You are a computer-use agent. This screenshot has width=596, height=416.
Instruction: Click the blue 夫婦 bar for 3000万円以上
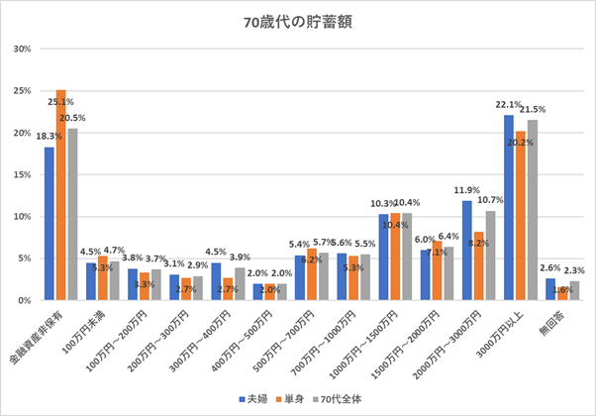tap(509, 208)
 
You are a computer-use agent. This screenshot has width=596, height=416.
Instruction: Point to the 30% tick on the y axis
tap(22, 49)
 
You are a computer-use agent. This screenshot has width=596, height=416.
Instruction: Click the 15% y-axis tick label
tap(22, 174)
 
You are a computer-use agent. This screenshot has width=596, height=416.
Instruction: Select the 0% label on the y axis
tap(25, 300)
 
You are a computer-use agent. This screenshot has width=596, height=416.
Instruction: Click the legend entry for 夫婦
tap(257, 398)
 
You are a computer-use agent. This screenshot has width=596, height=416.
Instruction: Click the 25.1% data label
tap(61, 101)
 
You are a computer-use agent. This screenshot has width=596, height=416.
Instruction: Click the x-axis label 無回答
tap(556, 319)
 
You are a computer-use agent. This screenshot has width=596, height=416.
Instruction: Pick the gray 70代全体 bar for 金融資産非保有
tap(72, 214)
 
